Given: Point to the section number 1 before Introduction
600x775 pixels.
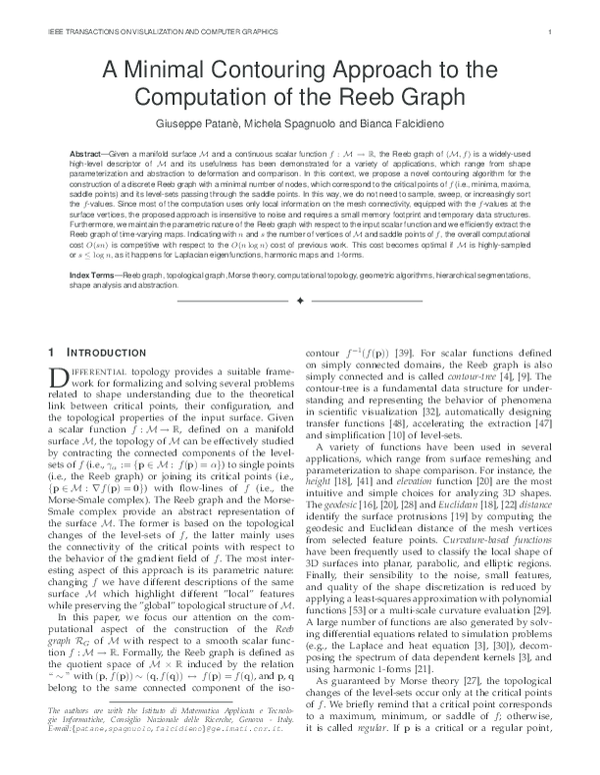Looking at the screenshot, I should pyautogui.click(x=52, y=353).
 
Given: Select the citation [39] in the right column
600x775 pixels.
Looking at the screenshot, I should pyautogui.click(x=397, y=353).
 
